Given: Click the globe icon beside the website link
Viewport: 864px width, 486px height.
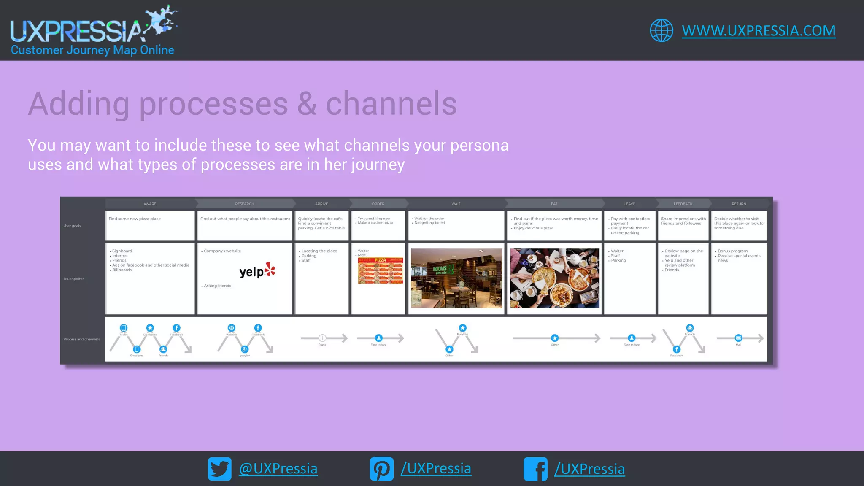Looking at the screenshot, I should tap(661, 30).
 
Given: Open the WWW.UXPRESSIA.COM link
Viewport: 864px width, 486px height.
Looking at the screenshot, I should tap(758, 31).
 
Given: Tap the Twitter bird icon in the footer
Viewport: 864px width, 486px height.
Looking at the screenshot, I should tap(220, 469).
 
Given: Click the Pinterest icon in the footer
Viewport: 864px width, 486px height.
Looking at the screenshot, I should tap(381, 469).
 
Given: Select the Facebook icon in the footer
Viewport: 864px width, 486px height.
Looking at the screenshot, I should tap(535, 469).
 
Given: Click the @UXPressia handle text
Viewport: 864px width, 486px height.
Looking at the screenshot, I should tap(278, 469).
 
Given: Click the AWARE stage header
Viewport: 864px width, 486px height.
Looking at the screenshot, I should tap(150, 204).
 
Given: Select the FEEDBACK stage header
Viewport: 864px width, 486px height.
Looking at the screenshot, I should tap(683, 204).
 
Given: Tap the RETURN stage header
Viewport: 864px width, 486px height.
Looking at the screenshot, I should tap(739, 204).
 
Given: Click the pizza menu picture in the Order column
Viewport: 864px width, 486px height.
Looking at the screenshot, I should tap(381, 270).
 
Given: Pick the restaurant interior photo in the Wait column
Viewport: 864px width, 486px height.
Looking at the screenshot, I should tap(456, 278).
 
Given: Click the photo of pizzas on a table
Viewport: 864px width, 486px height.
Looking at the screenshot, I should tap(554, 278).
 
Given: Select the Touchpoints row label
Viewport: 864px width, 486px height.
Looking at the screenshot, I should tap(74, 279).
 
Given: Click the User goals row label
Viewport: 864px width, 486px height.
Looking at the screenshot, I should tap(72, 226).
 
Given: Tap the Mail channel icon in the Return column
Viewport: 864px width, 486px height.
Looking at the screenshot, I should tap(738, 338).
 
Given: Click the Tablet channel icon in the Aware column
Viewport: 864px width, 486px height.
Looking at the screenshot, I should tap(124, 328).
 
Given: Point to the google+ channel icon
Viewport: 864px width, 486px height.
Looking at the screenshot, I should tap(245, 349).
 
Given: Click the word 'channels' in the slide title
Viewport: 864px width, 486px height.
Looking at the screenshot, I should tap(391, 104).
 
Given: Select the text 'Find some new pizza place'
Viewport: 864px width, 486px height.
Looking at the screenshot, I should tap(135, 219).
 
